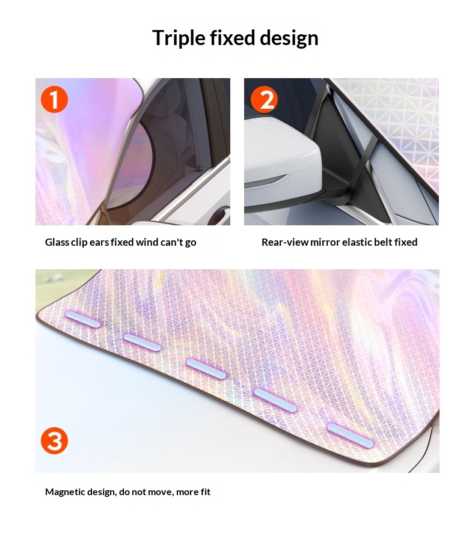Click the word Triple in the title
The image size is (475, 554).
point(179,38)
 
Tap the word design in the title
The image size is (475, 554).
point(289,38)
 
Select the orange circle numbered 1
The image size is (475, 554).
point(55,100)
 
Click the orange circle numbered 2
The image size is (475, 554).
point(265,100)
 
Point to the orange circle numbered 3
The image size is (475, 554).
point(55,440)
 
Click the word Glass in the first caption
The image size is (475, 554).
point(57,242)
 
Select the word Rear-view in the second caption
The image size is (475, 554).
point(285,242)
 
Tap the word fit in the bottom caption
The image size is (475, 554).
point(206,492)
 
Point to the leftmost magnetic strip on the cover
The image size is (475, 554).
point(83,320)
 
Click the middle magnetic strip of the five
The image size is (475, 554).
point(206,369)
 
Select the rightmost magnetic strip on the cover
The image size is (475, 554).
point(350,436)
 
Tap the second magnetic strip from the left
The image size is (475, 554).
point(142,342)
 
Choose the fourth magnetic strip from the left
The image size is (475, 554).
point(275,400)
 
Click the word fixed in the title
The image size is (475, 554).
point(233,38)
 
